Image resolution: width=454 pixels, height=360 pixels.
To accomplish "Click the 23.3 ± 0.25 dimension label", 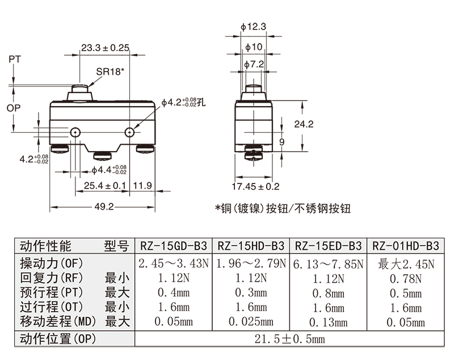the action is click(105, 48).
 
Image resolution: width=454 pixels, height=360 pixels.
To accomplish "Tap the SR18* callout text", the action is click(110, 72).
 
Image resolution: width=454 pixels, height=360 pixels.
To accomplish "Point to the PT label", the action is click(15, 59).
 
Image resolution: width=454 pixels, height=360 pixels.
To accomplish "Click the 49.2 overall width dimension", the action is click(104, 207).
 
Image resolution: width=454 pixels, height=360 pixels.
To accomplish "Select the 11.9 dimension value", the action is click(142, 185).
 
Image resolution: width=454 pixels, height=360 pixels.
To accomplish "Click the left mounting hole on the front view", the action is click(75, 132).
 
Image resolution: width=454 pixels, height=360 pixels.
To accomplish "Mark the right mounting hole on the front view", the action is click(129, 132).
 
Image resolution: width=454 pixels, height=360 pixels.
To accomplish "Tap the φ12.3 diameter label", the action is click(253, 27).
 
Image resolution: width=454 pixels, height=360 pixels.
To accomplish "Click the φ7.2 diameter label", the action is click(254, 64).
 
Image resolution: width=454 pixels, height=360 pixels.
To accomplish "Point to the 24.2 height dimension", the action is click(304, 124).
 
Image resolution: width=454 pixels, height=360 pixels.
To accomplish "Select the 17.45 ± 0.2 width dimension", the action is click(256, 186).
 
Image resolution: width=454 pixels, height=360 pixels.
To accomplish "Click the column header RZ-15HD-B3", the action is click(251, 246).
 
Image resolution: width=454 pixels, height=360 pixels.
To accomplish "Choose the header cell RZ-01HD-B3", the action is click(406, 246).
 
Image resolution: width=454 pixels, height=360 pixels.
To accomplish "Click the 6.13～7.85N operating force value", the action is click(329, 264).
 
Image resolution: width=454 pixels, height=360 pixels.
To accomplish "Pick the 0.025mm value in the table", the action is click(251, 321).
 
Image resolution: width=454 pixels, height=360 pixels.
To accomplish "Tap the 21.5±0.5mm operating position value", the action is click(289, 339).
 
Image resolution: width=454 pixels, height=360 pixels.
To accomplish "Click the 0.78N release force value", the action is click(406, 279).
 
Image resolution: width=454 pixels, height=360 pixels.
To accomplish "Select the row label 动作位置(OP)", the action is click(58, 339).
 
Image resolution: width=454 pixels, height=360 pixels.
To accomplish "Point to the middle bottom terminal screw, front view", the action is click(102, 156).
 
